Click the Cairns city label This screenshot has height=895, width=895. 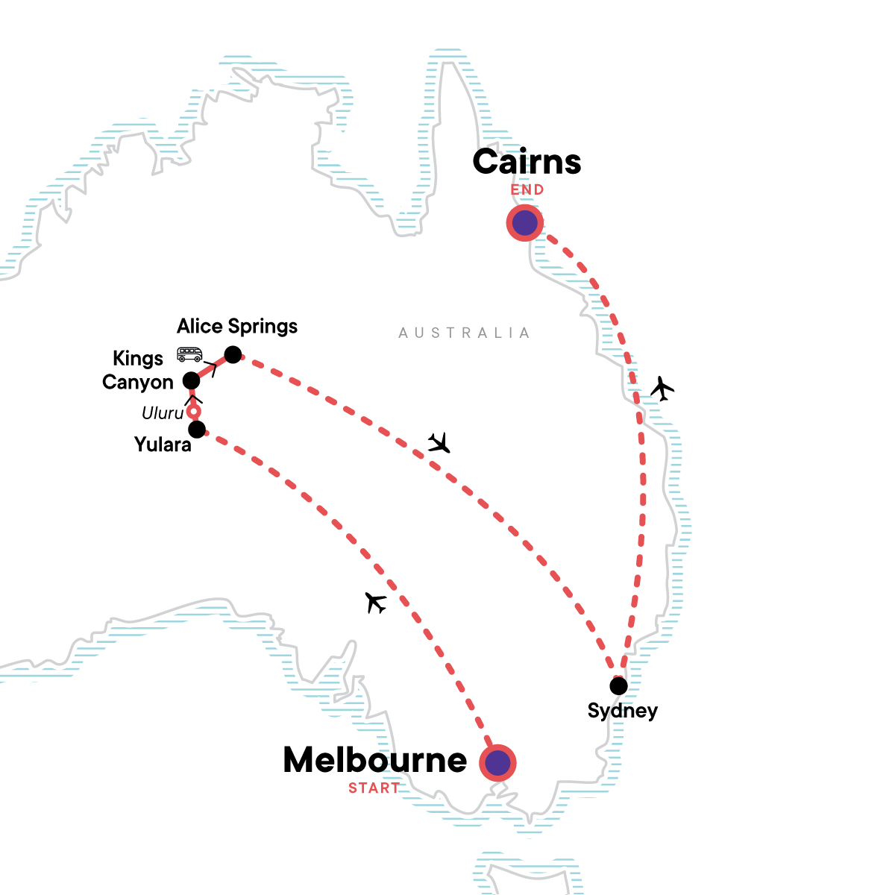tap(527, 162)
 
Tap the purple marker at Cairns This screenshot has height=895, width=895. tap(525, 222)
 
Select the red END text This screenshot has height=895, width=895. tap(527, 190)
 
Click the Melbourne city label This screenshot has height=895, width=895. tap(375, 760)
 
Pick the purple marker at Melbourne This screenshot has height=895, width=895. tap(497, 763)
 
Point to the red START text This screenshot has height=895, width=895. tap(374, 788)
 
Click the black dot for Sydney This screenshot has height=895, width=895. tap(618, 685)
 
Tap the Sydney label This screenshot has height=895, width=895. tap(623, 710)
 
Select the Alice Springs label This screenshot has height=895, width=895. tap(237, 326)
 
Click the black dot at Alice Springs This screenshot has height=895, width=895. tap(233, 354)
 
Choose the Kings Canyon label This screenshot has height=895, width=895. tap(138, 370)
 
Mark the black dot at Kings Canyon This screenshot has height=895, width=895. tap(192, 380)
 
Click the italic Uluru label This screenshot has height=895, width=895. tap(163, 413)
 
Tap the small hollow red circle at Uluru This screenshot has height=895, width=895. tap(194, 412)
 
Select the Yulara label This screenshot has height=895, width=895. tap(163, 445)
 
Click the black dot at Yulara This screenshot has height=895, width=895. tap(197, 430)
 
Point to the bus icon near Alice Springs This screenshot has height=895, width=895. tap(189, 354)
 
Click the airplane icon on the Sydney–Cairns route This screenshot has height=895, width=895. tap(662, 388)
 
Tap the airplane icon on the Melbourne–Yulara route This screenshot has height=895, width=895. tap(377, 602)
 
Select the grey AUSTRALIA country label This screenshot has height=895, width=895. tap(464, 333)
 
